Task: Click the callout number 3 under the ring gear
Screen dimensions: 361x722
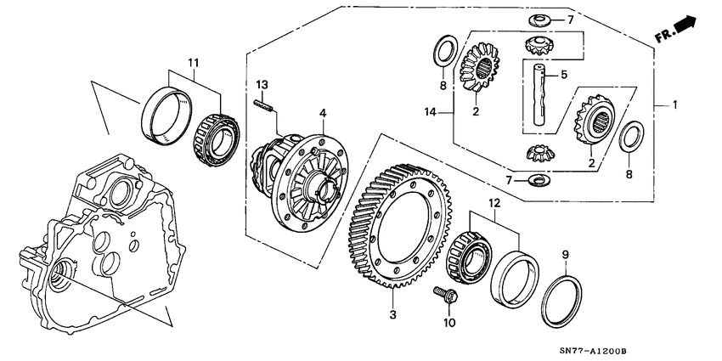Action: point(392,315)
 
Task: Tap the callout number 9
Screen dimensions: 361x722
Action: point(567,254)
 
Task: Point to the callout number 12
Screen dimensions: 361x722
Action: point(494,202)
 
